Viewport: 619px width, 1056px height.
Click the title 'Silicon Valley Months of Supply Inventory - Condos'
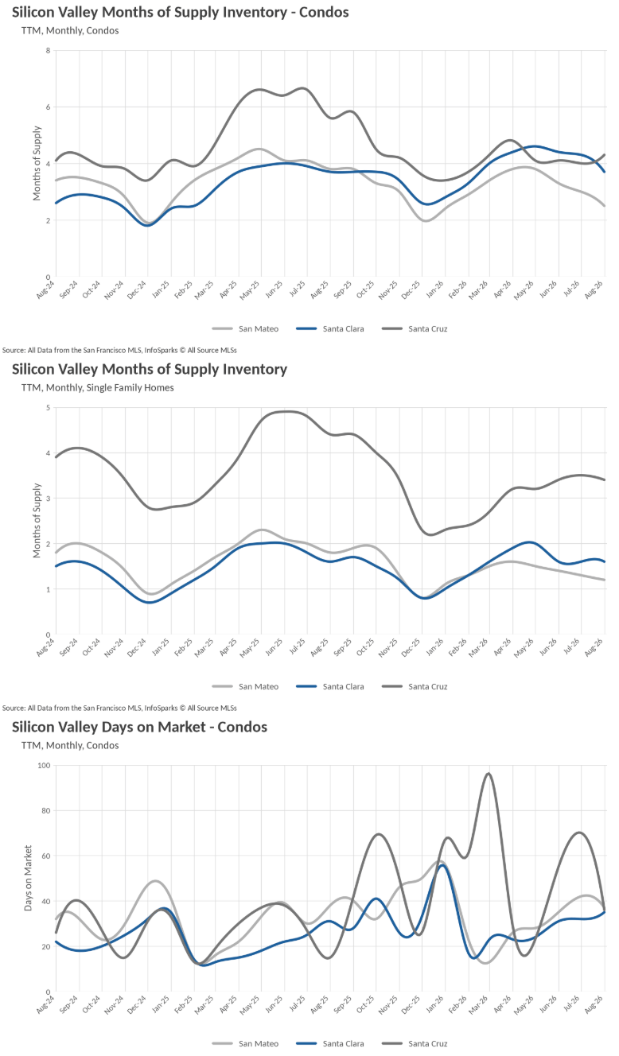point(181,12)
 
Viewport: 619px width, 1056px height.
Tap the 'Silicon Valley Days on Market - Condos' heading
point(140,727)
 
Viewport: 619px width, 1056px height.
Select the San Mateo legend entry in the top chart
point(245,328)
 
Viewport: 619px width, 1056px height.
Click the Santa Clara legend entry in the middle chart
point(329,686)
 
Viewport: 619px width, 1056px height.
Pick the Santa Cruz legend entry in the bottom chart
point(415,1043)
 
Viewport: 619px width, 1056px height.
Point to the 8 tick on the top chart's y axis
point(48,50)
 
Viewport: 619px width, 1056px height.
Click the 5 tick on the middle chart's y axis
point(48,407)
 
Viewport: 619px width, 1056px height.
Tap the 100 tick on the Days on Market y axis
point(44,765)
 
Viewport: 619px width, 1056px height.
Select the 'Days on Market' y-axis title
point(29,878)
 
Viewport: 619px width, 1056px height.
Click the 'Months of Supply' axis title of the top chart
point(37,163)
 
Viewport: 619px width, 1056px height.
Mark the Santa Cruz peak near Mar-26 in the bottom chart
point(489,774)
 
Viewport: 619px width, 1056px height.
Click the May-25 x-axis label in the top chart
point(250,290)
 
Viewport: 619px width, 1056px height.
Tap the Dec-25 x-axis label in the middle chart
point(411,647)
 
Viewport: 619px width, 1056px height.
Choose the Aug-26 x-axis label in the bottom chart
point(594,1004)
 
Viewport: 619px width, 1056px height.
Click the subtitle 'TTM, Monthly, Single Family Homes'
point(98,387)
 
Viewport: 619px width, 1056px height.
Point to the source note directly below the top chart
point(119,350)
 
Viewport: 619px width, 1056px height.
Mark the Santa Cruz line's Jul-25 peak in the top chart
point(303,88)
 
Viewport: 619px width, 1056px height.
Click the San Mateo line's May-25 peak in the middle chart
point(263,530)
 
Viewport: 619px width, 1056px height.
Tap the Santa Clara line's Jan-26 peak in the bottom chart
point(442,865)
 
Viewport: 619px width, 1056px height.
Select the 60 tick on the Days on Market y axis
point(46,856)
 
